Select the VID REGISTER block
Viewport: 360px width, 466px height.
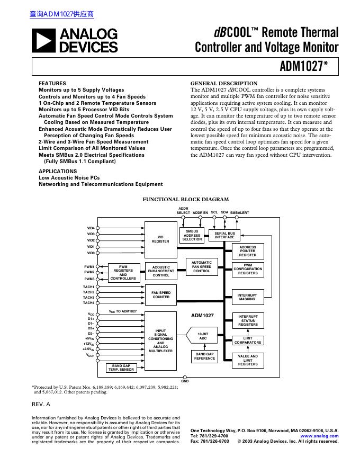[x=160, y=239]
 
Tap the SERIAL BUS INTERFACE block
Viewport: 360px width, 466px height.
[x=224, y=235]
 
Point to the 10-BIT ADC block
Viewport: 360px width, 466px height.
[x=202, y=336]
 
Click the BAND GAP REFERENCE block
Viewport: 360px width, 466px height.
[x=204, y=356]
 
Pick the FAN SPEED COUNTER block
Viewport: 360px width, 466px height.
[x=160, y=294]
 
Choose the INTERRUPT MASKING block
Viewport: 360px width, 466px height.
[x=247, y=297]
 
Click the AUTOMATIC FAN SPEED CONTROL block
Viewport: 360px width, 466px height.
[x=201, y=266]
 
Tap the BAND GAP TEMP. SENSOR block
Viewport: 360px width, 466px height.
[x=121, y=367]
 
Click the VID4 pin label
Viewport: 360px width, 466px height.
[x=91, y=228]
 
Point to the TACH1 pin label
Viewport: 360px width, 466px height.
[x=88, y=286]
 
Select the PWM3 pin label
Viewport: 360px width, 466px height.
[x=89, y=279]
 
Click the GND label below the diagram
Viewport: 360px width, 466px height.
[x=185, y=381]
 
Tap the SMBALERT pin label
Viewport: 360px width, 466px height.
[x=240, y=212]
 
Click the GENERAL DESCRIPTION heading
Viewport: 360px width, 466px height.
[x=223, y=84]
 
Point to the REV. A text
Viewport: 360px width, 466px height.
[x=41, y=404]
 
